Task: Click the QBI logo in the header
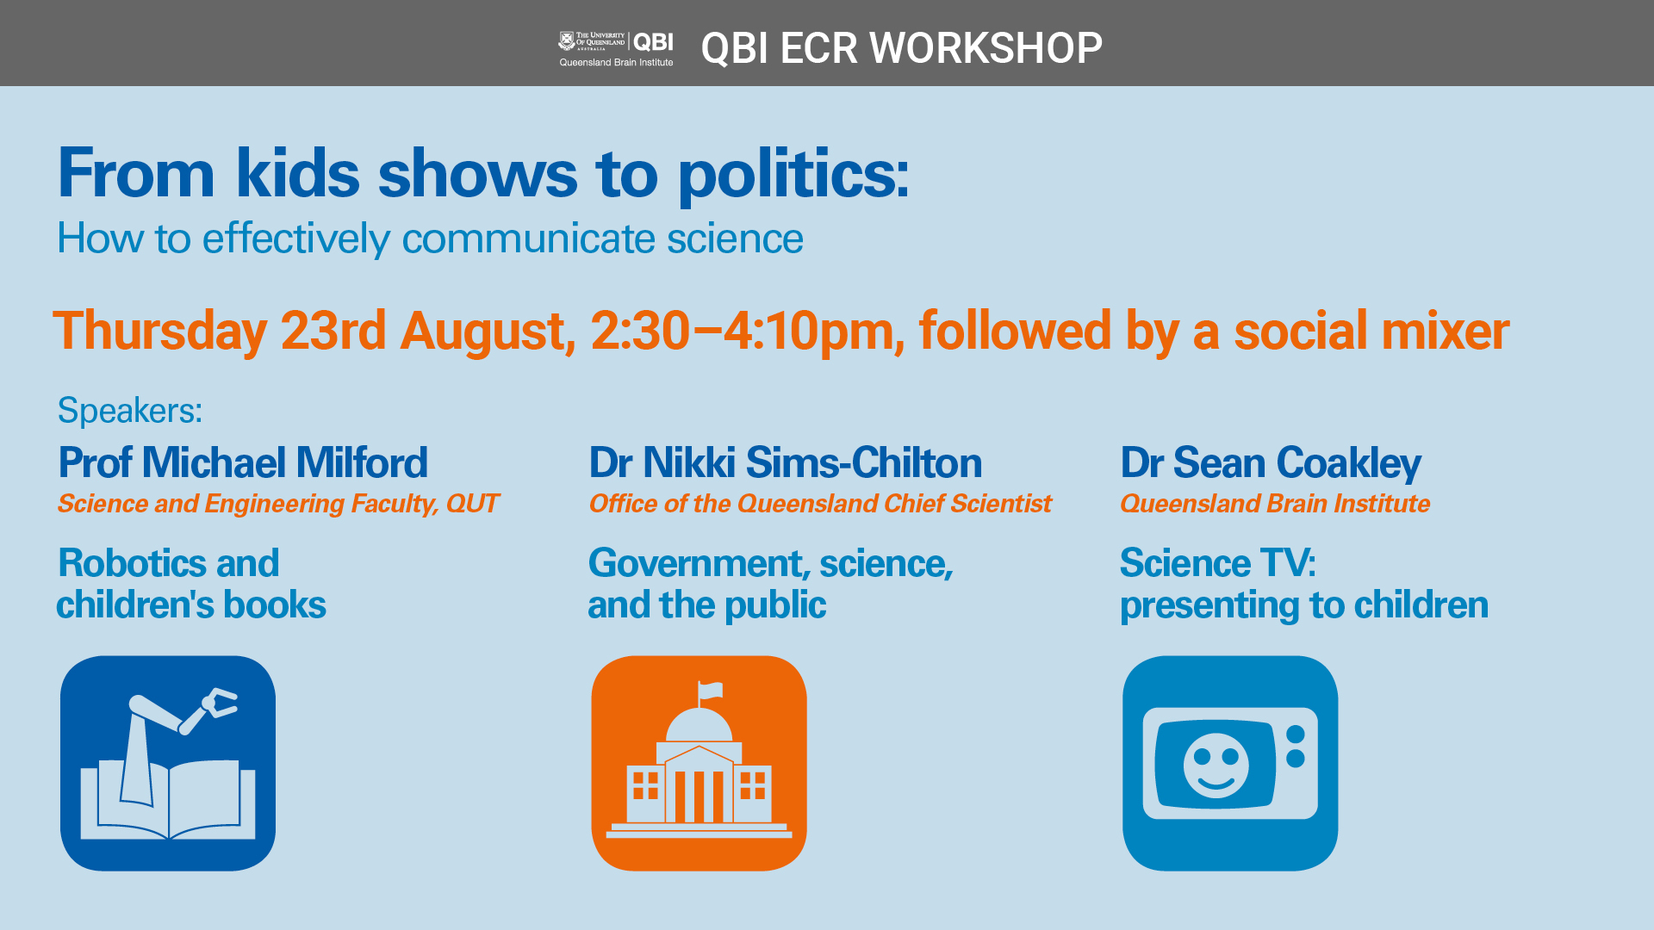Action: tap(616, 48)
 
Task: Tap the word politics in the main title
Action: tap(793, 175)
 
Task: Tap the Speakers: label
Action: tap(130, 411)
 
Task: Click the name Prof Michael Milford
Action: tap(243, 462)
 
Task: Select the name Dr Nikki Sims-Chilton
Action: tap(786, 462)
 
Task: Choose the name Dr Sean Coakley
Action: tap(1271, 463)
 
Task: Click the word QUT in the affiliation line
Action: tap(472, 503)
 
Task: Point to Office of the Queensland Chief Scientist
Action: tap(820, 503)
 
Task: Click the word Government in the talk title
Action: tap(699, 563)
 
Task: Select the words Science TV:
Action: tap(1218, 563)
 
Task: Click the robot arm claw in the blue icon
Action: tap(220, 702)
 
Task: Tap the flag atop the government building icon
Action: tap(710, 690)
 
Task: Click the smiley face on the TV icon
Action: tap(1216, 765)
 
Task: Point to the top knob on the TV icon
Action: tap(1295, 735)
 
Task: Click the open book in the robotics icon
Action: tap(168, 799)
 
